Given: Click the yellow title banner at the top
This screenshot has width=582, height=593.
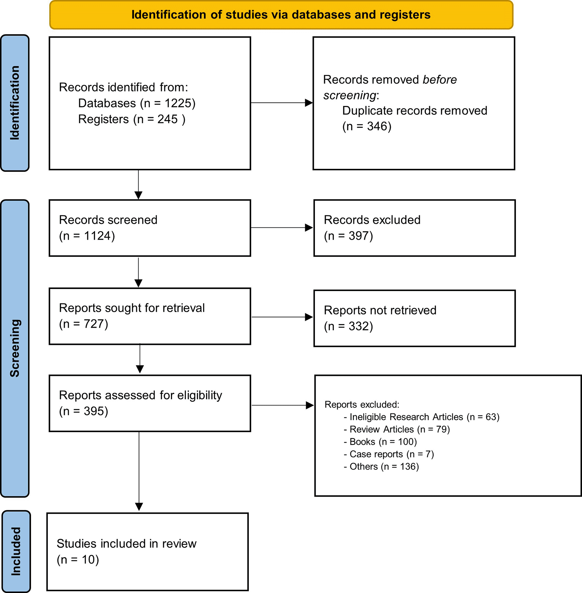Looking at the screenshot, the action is (x=281, y=15).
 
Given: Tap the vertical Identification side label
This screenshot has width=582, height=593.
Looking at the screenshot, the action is (x=15, y=103).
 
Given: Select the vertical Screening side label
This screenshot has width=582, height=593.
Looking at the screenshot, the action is (x=15, y=348).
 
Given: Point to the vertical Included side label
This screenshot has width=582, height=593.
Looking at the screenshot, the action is (x=16, y=551).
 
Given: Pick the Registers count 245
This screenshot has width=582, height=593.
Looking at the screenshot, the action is (x=167, y=119).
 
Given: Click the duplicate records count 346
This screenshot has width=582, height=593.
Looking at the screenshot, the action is (x=377, y=126).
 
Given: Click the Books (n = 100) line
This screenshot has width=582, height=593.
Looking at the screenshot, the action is (x=380, y=442).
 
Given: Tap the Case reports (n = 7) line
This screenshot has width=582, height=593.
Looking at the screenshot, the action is (x=389, y=454).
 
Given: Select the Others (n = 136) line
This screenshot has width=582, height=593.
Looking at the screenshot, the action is (x=381, y=466).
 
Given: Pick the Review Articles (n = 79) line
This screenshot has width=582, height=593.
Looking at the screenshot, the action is (x=397, y=429).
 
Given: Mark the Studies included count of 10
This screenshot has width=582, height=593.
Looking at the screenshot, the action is (x=89, y=560).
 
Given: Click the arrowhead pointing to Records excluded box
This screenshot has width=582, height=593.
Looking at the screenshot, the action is (x=309, y=228).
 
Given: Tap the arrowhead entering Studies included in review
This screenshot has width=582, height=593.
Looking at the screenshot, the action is (x=139, y=506).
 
